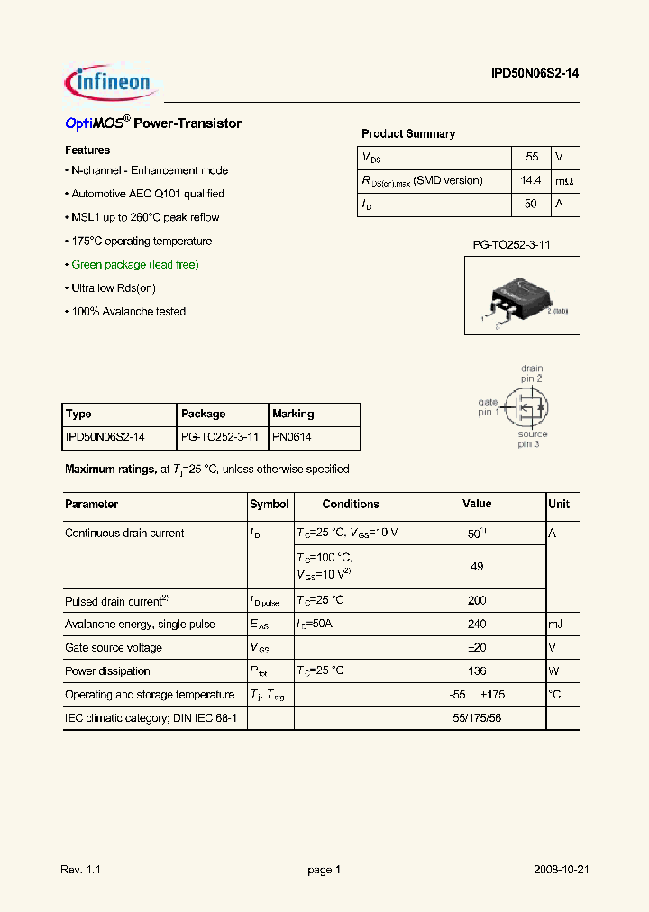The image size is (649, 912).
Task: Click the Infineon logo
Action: [111, 83]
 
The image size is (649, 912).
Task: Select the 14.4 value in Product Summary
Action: [531, 180]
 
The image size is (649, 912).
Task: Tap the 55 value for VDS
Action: [532, 157]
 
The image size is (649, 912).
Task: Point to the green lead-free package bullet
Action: [134, 265]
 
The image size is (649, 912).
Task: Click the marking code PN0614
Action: [292, 438]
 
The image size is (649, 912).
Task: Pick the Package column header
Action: [204, 415]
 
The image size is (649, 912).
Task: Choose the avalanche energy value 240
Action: [477, 624]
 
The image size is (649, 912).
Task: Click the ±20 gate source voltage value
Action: [477, 647]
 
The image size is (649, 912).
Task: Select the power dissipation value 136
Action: [477, 670]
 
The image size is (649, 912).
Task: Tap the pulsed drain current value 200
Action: [477, 600]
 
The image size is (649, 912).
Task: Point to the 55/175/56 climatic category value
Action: [477, 718]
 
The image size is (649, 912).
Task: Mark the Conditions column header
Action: [351, 505]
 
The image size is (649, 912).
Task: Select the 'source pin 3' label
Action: [531, 439]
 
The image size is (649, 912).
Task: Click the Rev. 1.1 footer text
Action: [81, 871]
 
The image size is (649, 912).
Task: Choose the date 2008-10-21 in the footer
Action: [562, 871]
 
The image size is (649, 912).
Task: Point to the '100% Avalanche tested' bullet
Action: [128, 312]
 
